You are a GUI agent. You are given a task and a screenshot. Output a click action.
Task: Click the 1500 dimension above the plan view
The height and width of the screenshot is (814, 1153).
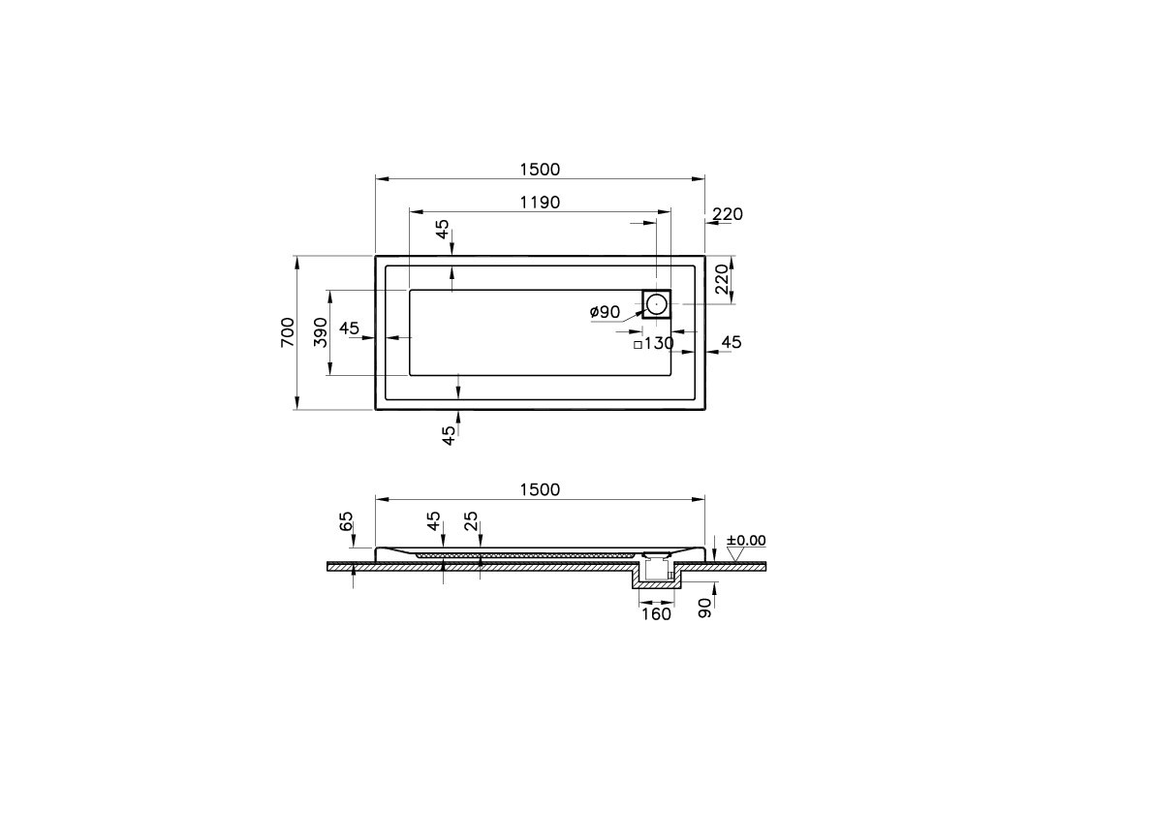pos(539,169)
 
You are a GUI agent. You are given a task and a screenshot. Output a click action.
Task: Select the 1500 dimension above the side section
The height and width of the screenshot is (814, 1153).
pos(539,489)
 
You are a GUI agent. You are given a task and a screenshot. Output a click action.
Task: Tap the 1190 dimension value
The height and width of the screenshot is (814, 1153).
pos(539,202)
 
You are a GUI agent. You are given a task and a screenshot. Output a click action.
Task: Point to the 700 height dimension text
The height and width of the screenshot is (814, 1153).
pos(287,332)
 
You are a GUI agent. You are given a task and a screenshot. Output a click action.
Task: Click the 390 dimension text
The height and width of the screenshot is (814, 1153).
pos(320,332)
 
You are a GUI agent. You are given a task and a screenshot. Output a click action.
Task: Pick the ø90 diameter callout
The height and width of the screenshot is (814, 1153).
pos(605,312)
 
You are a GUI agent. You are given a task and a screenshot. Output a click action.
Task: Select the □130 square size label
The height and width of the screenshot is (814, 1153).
pos(653,343)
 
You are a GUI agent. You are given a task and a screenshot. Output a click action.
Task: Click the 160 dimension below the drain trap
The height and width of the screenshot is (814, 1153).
pos(656,614)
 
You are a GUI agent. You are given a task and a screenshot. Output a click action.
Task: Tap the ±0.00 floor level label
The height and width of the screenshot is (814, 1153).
pos(745,540)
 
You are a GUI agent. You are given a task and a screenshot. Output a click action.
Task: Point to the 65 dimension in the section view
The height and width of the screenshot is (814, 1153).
pos(347,522)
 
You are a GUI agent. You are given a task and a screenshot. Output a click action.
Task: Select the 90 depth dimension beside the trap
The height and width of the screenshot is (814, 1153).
pos(705,608)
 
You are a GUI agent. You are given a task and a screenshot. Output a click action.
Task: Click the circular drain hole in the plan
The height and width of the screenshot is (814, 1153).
pos(657,304)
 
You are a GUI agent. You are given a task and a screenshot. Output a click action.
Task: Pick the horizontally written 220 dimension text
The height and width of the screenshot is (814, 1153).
pos(727,214)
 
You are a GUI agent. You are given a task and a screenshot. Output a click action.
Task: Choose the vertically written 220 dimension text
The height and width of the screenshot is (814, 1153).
pos(721,279)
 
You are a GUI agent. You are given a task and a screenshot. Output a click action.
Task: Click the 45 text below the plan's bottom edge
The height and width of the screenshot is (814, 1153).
pos(448,435)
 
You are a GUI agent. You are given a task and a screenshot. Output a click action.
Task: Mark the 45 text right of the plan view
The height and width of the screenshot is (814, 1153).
pos(732,342)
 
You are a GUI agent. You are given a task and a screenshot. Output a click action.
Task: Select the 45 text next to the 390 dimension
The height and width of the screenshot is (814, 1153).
pos(350,329)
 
